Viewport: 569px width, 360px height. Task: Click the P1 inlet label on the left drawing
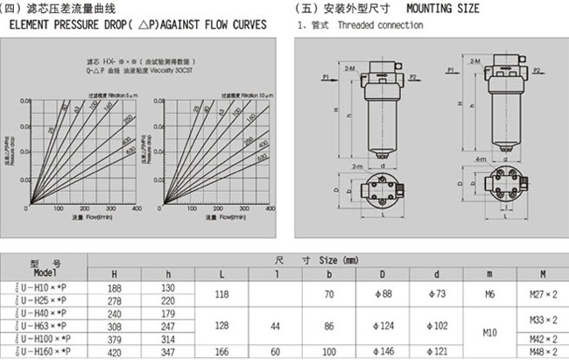pos(325,78)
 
